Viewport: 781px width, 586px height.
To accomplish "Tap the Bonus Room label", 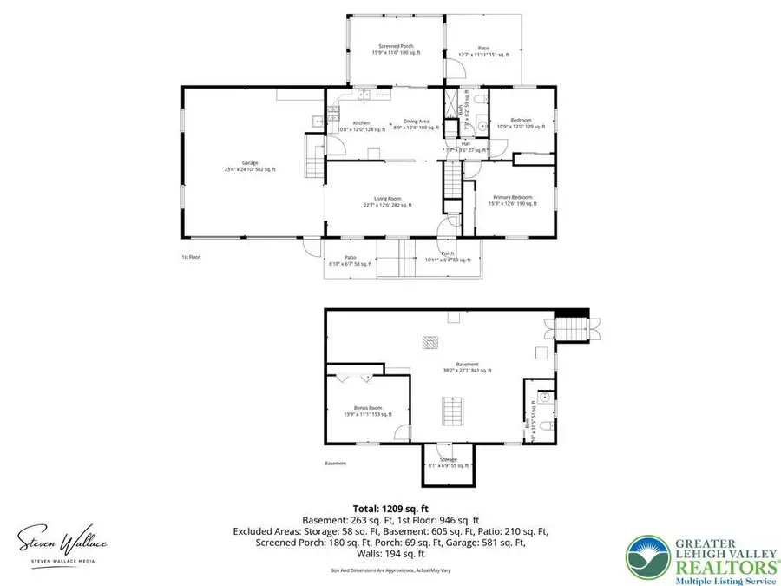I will [368, 412].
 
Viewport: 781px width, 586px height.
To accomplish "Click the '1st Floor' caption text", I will [191, 257].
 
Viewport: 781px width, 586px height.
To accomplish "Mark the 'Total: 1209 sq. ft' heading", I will [390, 508].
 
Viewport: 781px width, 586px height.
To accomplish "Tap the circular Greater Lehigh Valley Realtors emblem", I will [647, 556].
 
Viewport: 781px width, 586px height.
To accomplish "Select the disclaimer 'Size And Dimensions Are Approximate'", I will [390, 570].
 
